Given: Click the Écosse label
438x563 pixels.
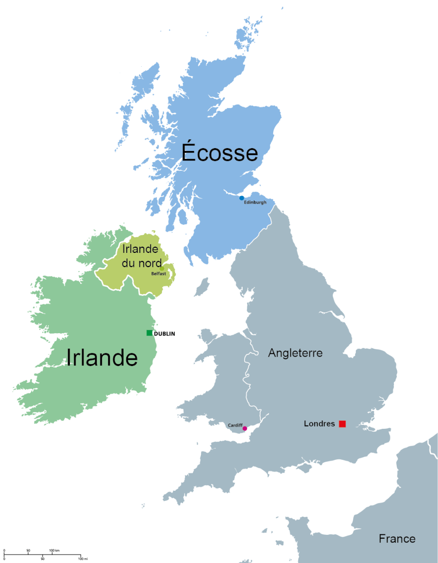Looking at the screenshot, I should (220, 153).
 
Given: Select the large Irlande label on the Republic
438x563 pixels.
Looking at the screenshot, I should (102, 358).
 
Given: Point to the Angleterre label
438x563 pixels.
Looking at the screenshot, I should (295, 353).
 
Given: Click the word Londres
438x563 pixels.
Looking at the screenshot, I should (319, 424).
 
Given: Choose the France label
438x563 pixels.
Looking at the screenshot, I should (397, 539).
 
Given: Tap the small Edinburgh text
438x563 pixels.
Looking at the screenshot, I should (255, 202).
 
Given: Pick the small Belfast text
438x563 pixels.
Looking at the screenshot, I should (158, 273).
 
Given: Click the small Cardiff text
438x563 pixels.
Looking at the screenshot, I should (235, 425).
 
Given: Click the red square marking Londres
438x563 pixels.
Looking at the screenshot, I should (342, 424).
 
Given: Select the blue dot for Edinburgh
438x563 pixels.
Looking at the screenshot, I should (242, 198).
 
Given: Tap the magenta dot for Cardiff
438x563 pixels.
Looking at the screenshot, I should (245, 428).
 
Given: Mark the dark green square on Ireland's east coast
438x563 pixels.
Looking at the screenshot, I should (149, 333).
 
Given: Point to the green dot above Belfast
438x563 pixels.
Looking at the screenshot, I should (162, 269).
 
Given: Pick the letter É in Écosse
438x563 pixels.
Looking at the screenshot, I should (189, 152).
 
